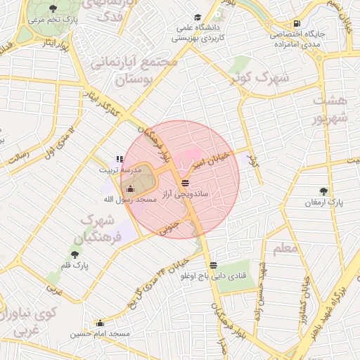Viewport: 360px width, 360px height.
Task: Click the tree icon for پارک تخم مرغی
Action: pos(53,9)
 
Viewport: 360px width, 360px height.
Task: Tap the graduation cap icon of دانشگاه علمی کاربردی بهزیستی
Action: pos(198,17)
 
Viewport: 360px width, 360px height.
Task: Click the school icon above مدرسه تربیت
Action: pos(120,160)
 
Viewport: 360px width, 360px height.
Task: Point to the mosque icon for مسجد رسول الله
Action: pos(129,189)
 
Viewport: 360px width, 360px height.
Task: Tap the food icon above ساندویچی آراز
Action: pos(185,183)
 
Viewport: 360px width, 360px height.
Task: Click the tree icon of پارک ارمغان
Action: pos(323,191)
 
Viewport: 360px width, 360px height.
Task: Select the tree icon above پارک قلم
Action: pos(75,255)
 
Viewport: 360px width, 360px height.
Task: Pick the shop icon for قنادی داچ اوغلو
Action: pos(213,264)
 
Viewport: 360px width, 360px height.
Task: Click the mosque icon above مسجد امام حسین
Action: pos(99,323)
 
